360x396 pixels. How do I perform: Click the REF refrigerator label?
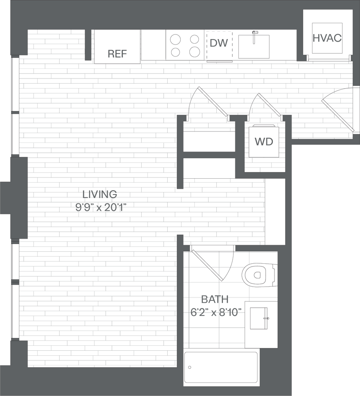point(117,54)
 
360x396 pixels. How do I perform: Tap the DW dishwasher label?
point(219,44)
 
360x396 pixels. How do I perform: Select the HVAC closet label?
point(327,38)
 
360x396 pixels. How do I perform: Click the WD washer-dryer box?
point(264,142)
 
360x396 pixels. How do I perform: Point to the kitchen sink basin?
point(254,46)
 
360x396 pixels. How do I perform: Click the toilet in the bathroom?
point(259,275)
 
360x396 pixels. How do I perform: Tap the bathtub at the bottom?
point(221,367)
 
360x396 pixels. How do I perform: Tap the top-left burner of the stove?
point(176,39)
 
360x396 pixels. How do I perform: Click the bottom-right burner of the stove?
point(194,52)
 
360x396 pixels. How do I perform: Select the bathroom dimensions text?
point(214,312)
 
